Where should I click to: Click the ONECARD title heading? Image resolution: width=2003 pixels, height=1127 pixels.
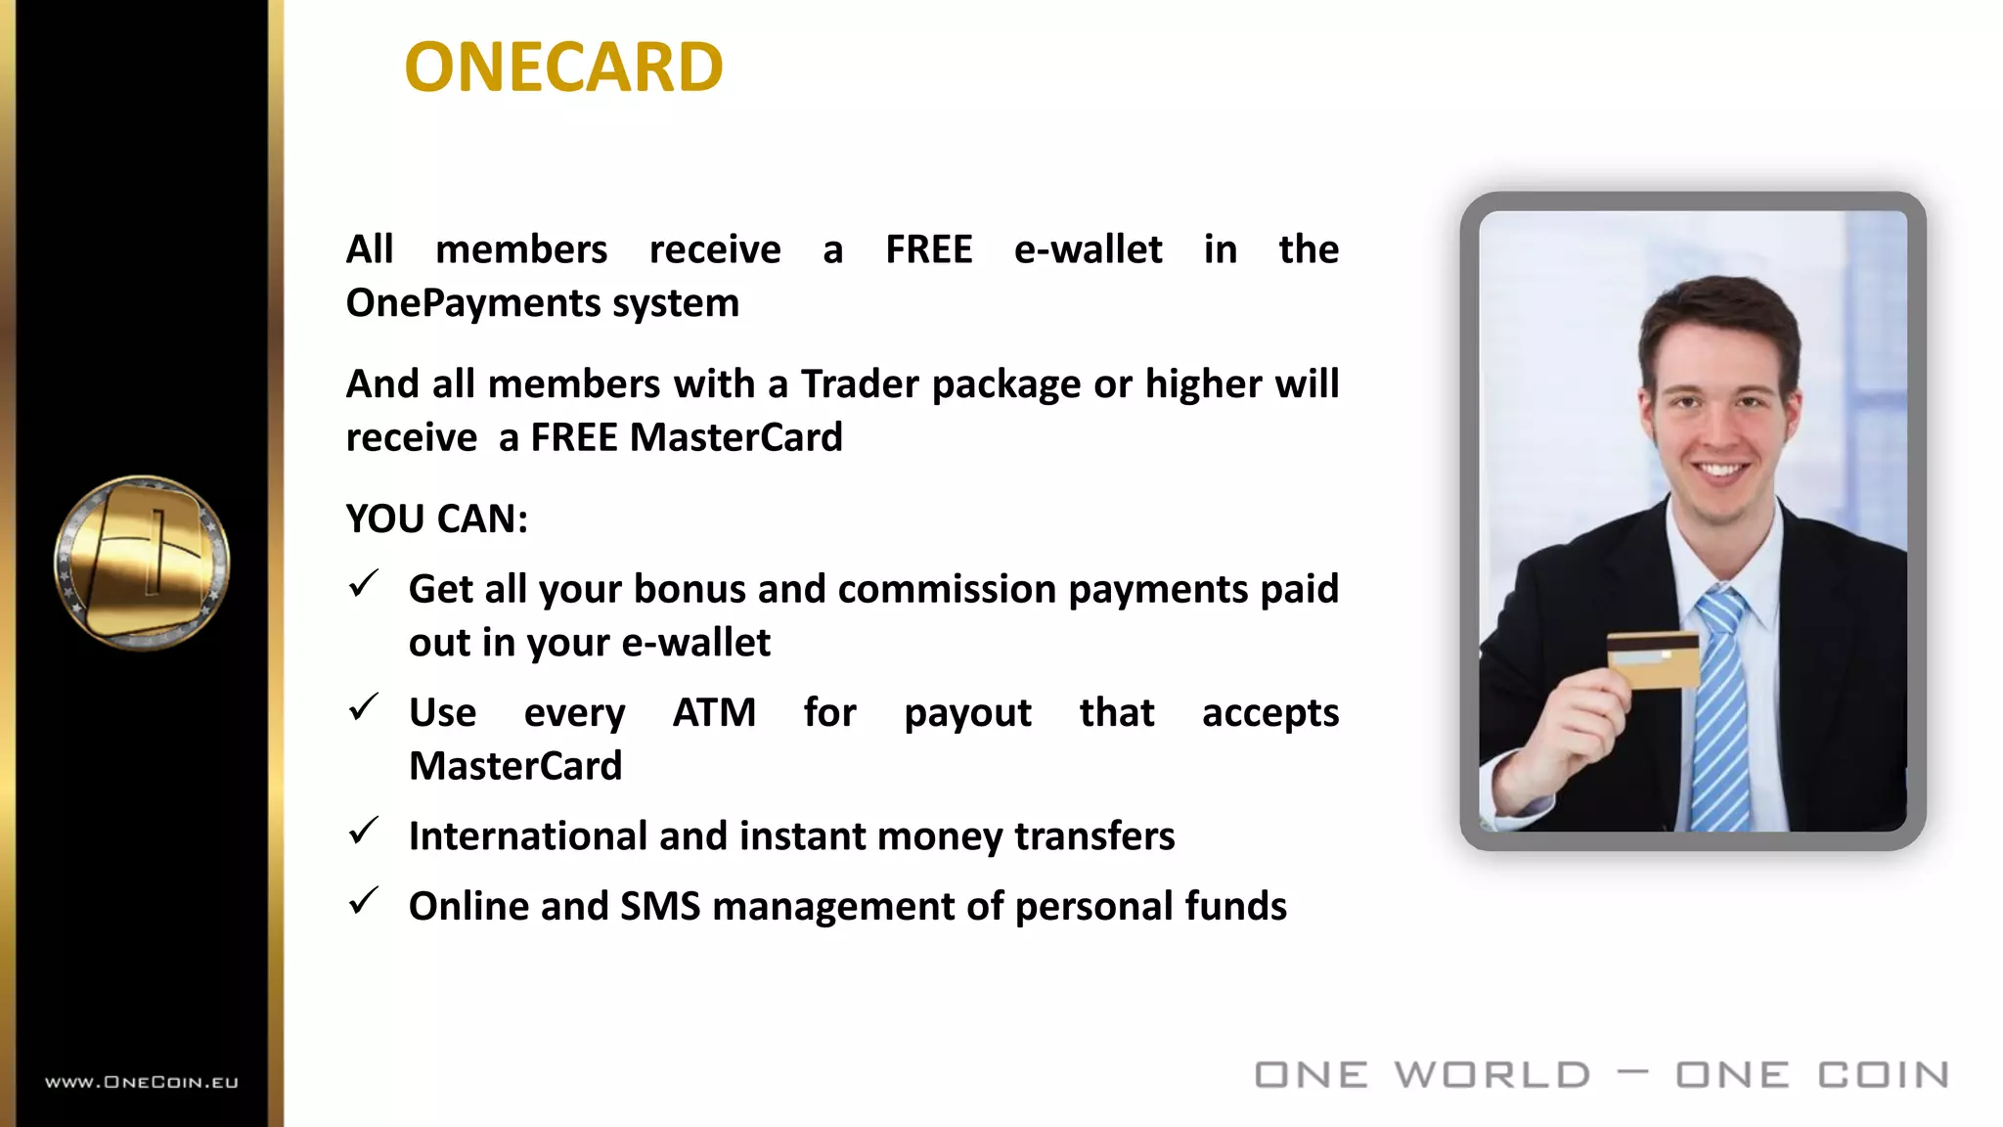(563, 68)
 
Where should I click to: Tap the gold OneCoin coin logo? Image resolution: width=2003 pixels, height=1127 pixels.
(143, 563)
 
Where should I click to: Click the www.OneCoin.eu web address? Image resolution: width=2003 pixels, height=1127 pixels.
(142, 1082)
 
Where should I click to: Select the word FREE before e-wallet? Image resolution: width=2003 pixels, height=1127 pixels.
(928, 249)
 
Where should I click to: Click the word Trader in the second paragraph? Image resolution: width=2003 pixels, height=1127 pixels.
(860, 384)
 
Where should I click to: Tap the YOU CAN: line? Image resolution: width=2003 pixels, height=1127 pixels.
(437, 518)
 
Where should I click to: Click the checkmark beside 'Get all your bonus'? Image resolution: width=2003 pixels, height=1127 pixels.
(364, 585)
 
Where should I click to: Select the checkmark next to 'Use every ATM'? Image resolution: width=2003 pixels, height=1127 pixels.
(364, 707)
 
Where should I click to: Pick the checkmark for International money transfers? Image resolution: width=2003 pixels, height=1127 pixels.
(364, 832)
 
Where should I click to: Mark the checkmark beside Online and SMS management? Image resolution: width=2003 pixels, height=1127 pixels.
(364, 901)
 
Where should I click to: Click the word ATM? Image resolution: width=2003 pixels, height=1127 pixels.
(714, 712)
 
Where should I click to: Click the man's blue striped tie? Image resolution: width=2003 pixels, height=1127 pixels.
(1722, 704)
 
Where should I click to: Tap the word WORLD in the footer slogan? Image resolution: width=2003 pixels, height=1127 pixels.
(1492, 1075)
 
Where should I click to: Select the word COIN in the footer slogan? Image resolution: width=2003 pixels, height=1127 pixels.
(1884, 1075)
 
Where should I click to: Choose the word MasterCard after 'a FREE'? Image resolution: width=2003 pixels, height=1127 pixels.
(735, 437)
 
